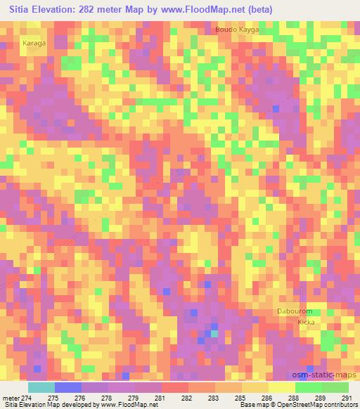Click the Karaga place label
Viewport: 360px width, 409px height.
point(34,43)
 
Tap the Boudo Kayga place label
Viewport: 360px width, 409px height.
point(237,30)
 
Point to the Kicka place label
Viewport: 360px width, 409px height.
point(306,322)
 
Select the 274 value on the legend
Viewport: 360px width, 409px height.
point(28,397)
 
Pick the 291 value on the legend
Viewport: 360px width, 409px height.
point(346,397)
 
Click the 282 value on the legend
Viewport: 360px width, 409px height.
point(187,397)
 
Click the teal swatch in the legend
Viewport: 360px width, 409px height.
point(41,387)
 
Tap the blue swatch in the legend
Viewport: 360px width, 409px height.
point(68,387)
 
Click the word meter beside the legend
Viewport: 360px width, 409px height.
point(11,397)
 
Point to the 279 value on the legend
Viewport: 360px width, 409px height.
point(134,397)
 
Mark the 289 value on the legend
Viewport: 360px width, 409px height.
point(319,397)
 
